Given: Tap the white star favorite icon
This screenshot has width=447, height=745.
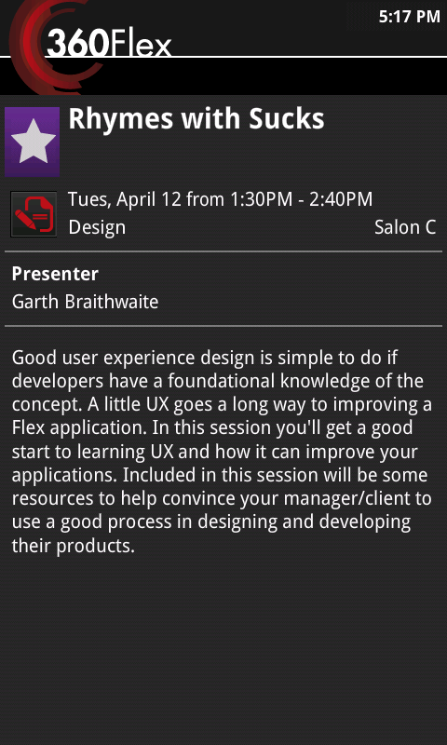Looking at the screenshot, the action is tap(33, 142).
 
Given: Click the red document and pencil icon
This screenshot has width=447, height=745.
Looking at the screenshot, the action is tap(34, 214).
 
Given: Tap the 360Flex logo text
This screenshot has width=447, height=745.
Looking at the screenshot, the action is tap(109, 44).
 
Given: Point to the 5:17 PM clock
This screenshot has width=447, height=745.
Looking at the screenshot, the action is tap(409, 17).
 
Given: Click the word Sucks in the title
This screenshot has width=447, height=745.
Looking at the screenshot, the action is tap(287, 119).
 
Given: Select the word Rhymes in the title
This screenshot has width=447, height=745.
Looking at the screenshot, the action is tap(121, 120).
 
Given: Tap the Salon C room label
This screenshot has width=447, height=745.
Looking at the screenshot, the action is tap(405, 227).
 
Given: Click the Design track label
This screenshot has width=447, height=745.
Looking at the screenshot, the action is tap(97, 227).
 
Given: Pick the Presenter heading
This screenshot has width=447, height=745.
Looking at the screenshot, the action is tap(55, 274).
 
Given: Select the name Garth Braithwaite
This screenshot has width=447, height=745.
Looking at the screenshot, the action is tap(85, 302).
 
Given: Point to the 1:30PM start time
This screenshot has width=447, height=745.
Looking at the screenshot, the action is tap(261, 199).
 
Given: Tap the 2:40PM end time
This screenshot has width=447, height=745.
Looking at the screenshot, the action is tap(341, 199).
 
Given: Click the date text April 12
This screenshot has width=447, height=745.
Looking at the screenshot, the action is tap(149, 199).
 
